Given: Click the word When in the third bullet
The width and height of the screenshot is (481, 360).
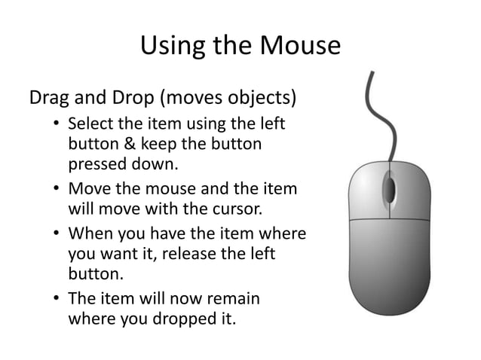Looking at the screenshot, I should [89, 234].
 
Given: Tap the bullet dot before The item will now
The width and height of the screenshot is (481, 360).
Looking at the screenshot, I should [57, 299].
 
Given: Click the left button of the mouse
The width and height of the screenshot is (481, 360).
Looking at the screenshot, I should [365, 188].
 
